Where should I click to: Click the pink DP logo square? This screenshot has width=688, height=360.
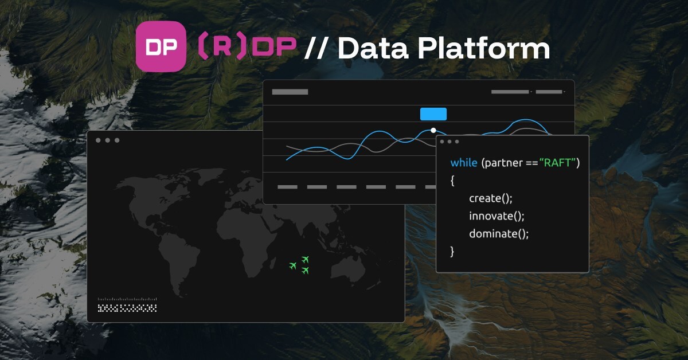pyautogui.click(x=161, y=46)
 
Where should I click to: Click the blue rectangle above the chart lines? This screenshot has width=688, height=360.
pyautogui.click(x=433, y=114)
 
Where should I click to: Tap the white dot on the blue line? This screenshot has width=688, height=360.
pyautogui.click(x=433, y=131)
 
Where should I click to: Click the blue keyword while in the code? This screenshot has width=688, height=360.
pyautogui.click(x=463, y=163)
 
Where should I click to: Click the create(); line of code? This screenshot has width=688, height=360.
pyautogui.click(x=491, y=198)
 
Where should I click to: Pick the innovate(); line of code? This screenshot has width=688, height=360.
pyautogui.click(x=497, y=216)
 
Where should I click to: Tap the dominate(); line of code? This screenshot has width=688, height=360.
pyautogui.click(x=499, y=234)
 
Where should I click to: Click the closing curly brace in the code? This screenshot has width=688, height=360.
pyautogui.click(x=452, y=251)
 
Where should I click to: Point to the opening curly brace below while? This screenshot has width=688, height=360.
pyautogui.click(x=452, y=180)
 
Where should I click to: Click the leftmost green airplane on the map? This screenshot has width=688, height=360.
pyautogui.click(x=293, y=265)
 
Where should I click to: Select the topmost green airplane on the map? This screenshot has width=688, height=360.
pyautogui.click(x=306, y=259)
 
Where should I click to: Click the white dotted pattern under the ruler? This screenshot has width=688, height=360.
pyautogui.click(x=127, y=308)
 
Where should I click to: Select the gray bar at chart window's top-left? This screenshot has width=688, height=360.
pyautogui.click(x=290, y=92)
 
